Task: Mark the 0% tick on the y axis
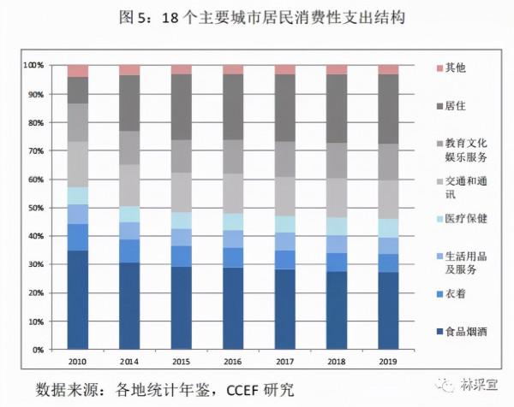[x=38, y=350]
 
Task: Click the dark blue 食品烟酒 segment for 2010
[x=78, y=299]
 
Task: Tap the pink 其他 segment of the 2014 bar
[x=129, y=69]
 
